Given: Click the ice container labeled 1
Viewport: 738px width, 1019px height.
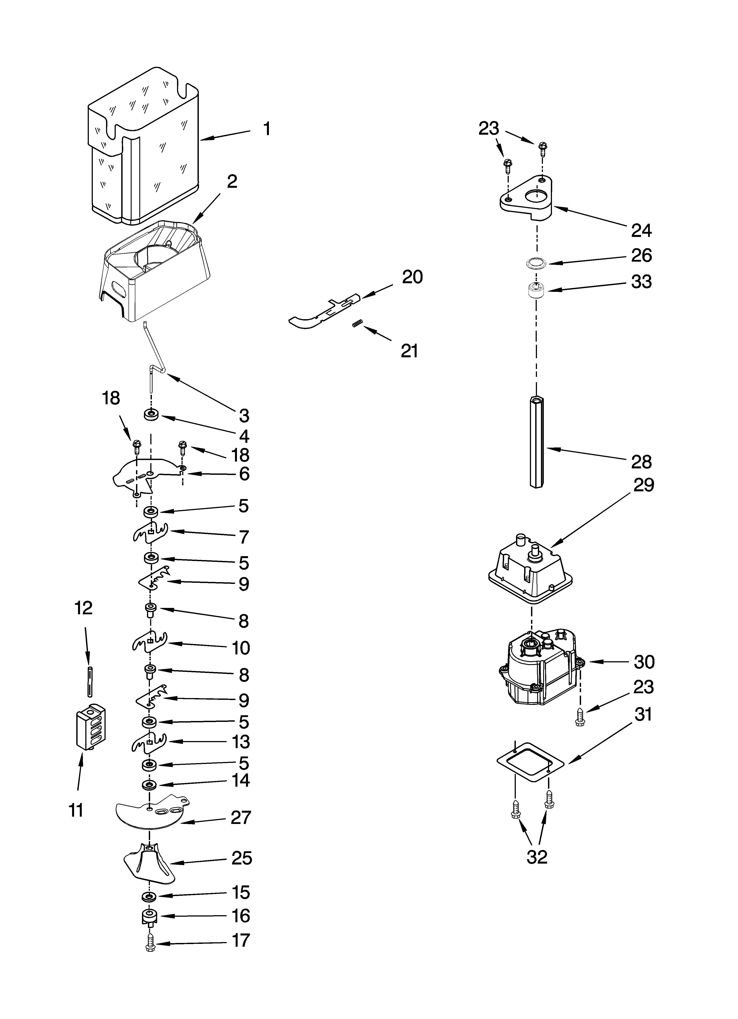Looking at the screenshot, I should click(x=144, y=148).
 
